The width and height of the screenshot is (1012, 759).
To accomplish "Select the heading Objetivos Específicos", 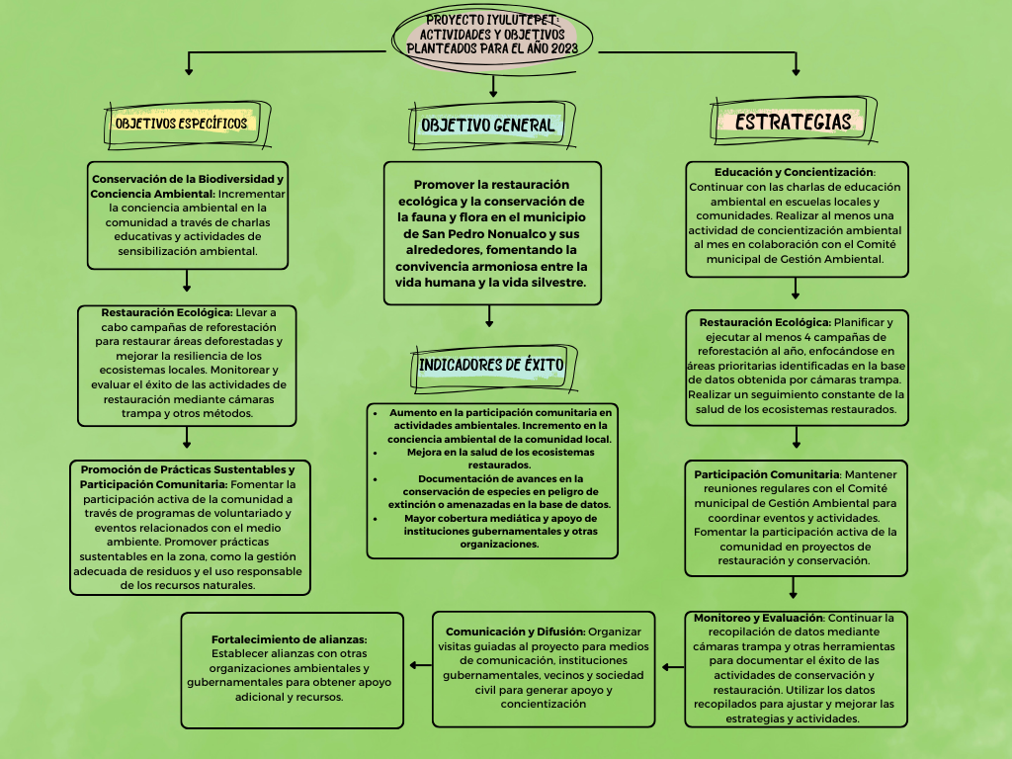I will click(181, 124).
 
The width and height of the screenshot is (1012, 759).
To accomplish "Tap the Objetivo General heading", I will click(487, 126).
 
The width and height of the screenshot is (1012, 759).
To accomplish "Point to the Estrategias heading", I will click(794, 122).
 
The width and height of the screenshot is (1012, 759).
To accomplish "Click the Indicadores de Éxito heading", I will click(491, 365).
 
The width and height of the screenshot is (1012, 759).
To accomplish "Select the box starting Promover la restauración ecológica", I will click(492, 233).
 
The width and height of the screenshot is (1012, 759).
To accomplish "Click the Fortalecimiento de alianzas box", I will click(293, 669).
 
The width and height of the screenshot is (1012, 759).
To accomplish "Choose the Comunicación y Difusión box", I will click(544, 668).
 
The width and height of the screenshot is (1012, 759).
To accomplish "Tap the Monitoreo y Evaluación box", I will click(796, 668).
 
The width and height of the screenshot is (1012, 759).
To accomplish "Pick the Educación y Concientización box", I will click(796, 218).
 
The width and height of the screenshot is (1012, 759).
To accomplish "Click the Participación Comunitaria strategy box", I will click(796, 517).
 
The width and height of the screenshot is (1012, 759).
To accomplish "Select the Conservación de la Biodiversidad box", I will click(188, 214).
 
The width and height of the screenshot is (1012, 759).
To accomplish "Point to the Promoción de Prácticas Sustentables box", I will click(190, 527).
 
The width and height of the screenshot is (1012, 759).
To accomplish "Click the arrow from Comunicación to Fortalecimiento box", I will click(420, 665).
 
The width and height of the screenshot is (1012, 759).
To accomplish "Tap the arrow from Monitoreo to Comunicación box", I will click(672, 668).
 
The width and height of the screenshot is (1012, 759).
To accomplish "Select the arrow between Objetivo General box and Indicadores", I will click(489, 315).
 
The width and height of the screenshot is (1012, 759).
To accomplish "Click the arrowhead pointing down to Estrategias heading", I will click(796, 70).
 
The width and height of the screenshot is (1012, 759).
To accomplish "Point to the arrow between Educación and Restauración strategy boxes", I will click(796, 289).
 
